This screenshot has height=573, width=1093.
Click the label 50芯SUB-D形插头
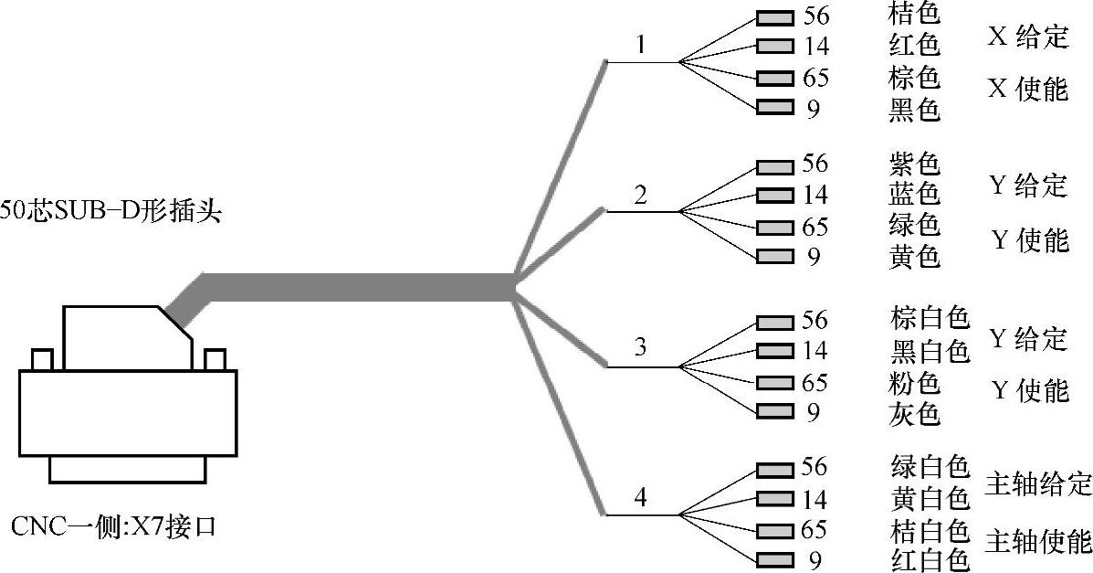click(110, 212)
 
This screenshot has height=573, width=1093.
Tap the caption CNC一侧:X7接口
click(113, 527)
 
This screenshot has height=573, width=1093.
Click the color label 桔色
click(914, 15)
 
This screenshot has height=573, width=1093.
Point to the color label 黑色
click(914, 110)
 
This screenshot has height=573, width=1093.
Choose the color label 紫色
click(914, 164)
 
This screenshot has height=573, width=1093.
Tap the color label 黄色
click(914, 258)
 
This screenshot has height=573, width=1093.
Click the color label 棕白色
click(928, 320)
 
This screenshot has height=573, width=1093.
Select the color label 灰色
click(914, 414)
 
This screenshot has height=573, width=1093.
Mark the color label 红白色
click(928, 558)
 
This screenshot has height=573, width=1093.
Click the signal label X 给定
click(1027, 37)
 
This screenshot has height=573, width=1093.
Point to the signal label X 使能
click(1027, 90)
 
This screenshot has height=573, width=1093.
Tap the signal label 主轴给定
click(1038, 483)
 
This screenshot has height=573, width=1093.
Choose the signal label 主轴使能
click(1038, 541)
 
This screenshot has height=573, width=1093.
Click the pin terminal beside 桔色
click(774, 16)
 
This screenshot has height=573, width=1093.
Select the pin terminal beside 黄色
click(774, 257)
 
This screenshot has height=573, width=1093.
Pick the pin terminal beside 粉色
click(774, 382)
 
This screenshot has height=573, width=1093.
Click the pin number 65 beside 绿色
click(814, 226)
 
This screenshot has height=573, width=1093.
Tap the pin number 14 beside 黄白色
click(814, 499)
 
